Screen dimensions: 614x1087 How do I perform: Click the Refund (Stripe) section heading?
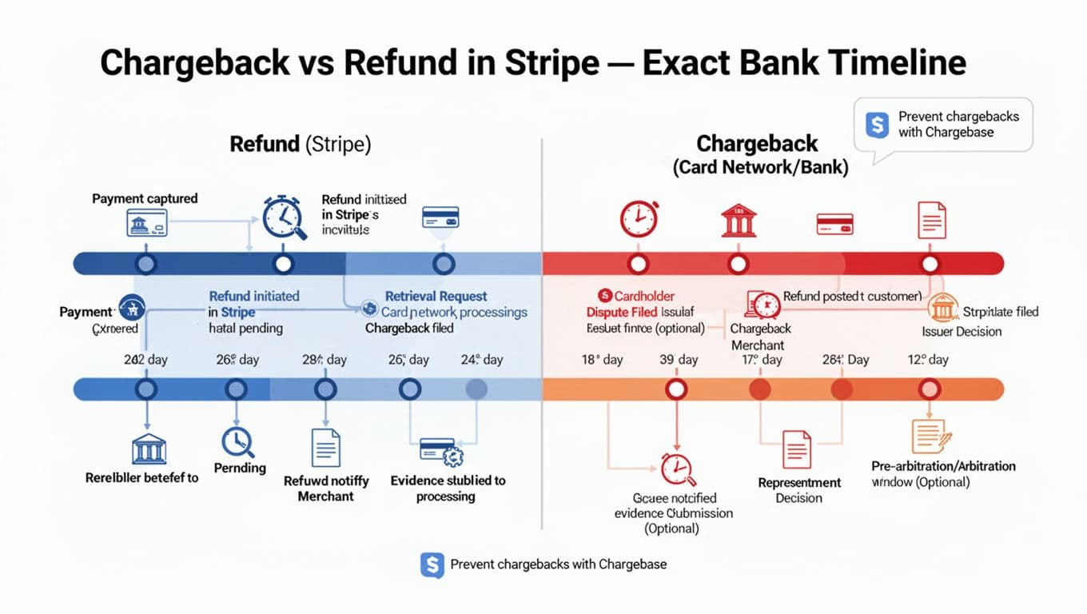click(300, 144)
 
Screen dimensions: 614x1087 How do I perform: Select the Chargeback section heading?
click(757, 144)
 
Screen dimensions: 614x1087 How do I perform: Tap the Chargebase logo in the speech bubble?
click(877, 124)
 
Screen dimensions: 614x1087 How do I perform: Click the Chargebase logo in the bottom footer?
click(432, 564)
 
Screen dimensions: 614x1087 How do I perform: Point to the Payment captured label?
click(145, 198)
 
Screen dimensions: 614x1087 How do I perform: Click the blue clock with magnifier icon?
click(285, 217)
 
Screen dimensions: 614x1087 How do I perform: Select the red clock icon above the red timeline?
click(639, 218)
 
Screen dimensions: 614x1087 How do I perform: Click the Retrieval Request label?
click(436, 296)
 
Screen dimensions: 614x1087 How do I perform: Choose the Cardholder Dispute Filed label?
click(631, 304)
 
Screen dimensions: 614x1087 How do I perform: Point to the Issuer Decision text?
click(962, 331)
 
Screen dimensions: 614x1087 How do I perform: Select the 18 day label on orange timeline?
click(602, 360)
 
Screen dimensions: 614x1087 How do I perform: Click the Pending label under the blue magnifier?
click(240, 468)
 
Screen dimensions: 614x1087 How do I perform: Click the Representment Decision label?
click(799, 490)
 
